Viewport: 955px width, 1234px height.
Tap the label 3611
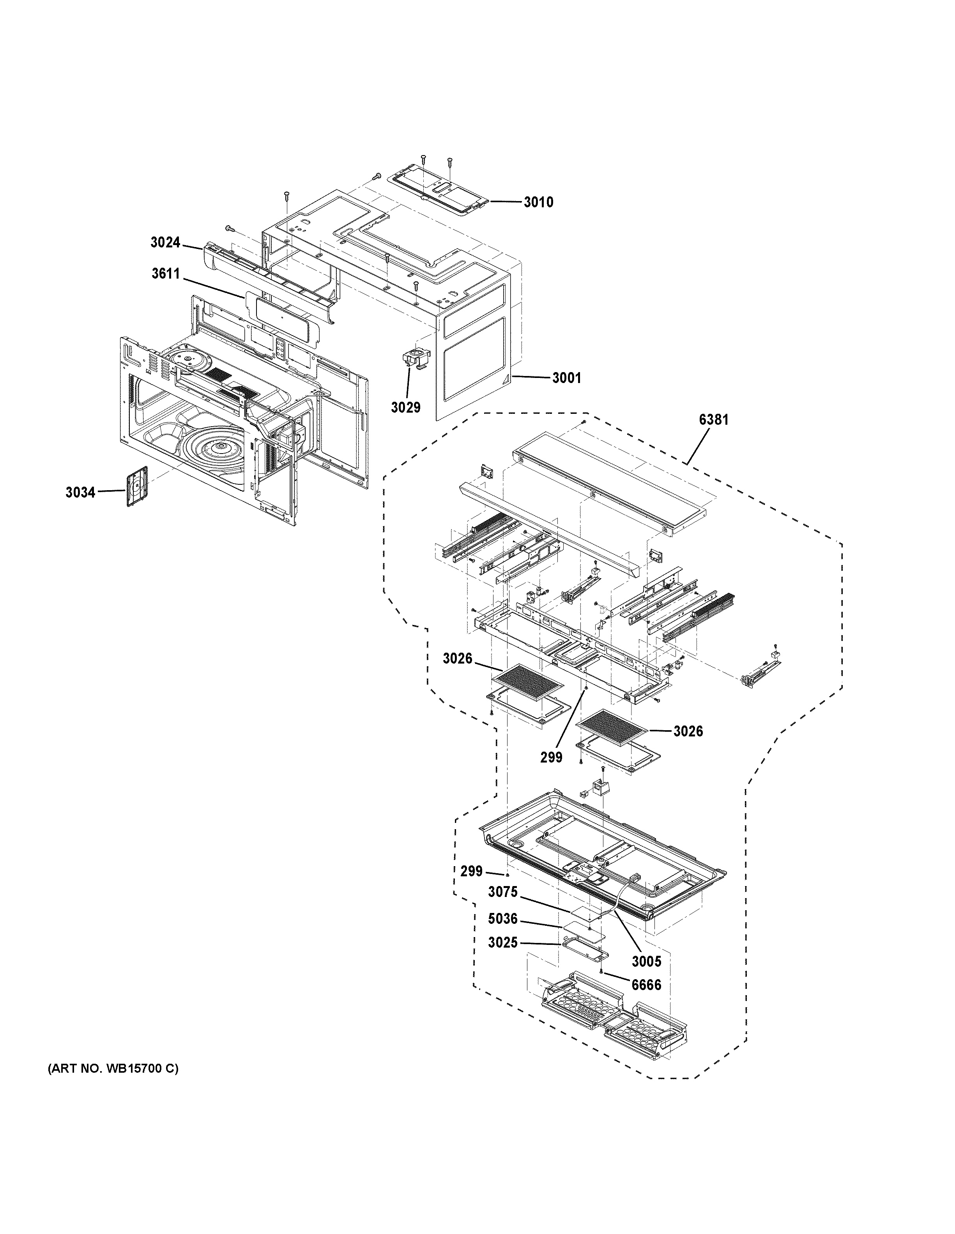(165, 274)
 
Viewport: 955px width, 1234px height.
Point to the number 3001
(566, 378)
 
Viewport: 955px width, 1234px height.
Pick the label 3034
(80, 492)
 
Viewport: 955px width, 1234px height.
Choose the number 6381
(714, 419)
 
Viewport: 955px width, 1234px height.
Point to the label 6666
(646, 985)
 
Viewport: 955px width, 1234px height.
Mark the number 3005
(646, 960)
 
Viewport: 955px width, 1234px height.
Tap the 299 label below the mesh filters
(551, 757)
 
